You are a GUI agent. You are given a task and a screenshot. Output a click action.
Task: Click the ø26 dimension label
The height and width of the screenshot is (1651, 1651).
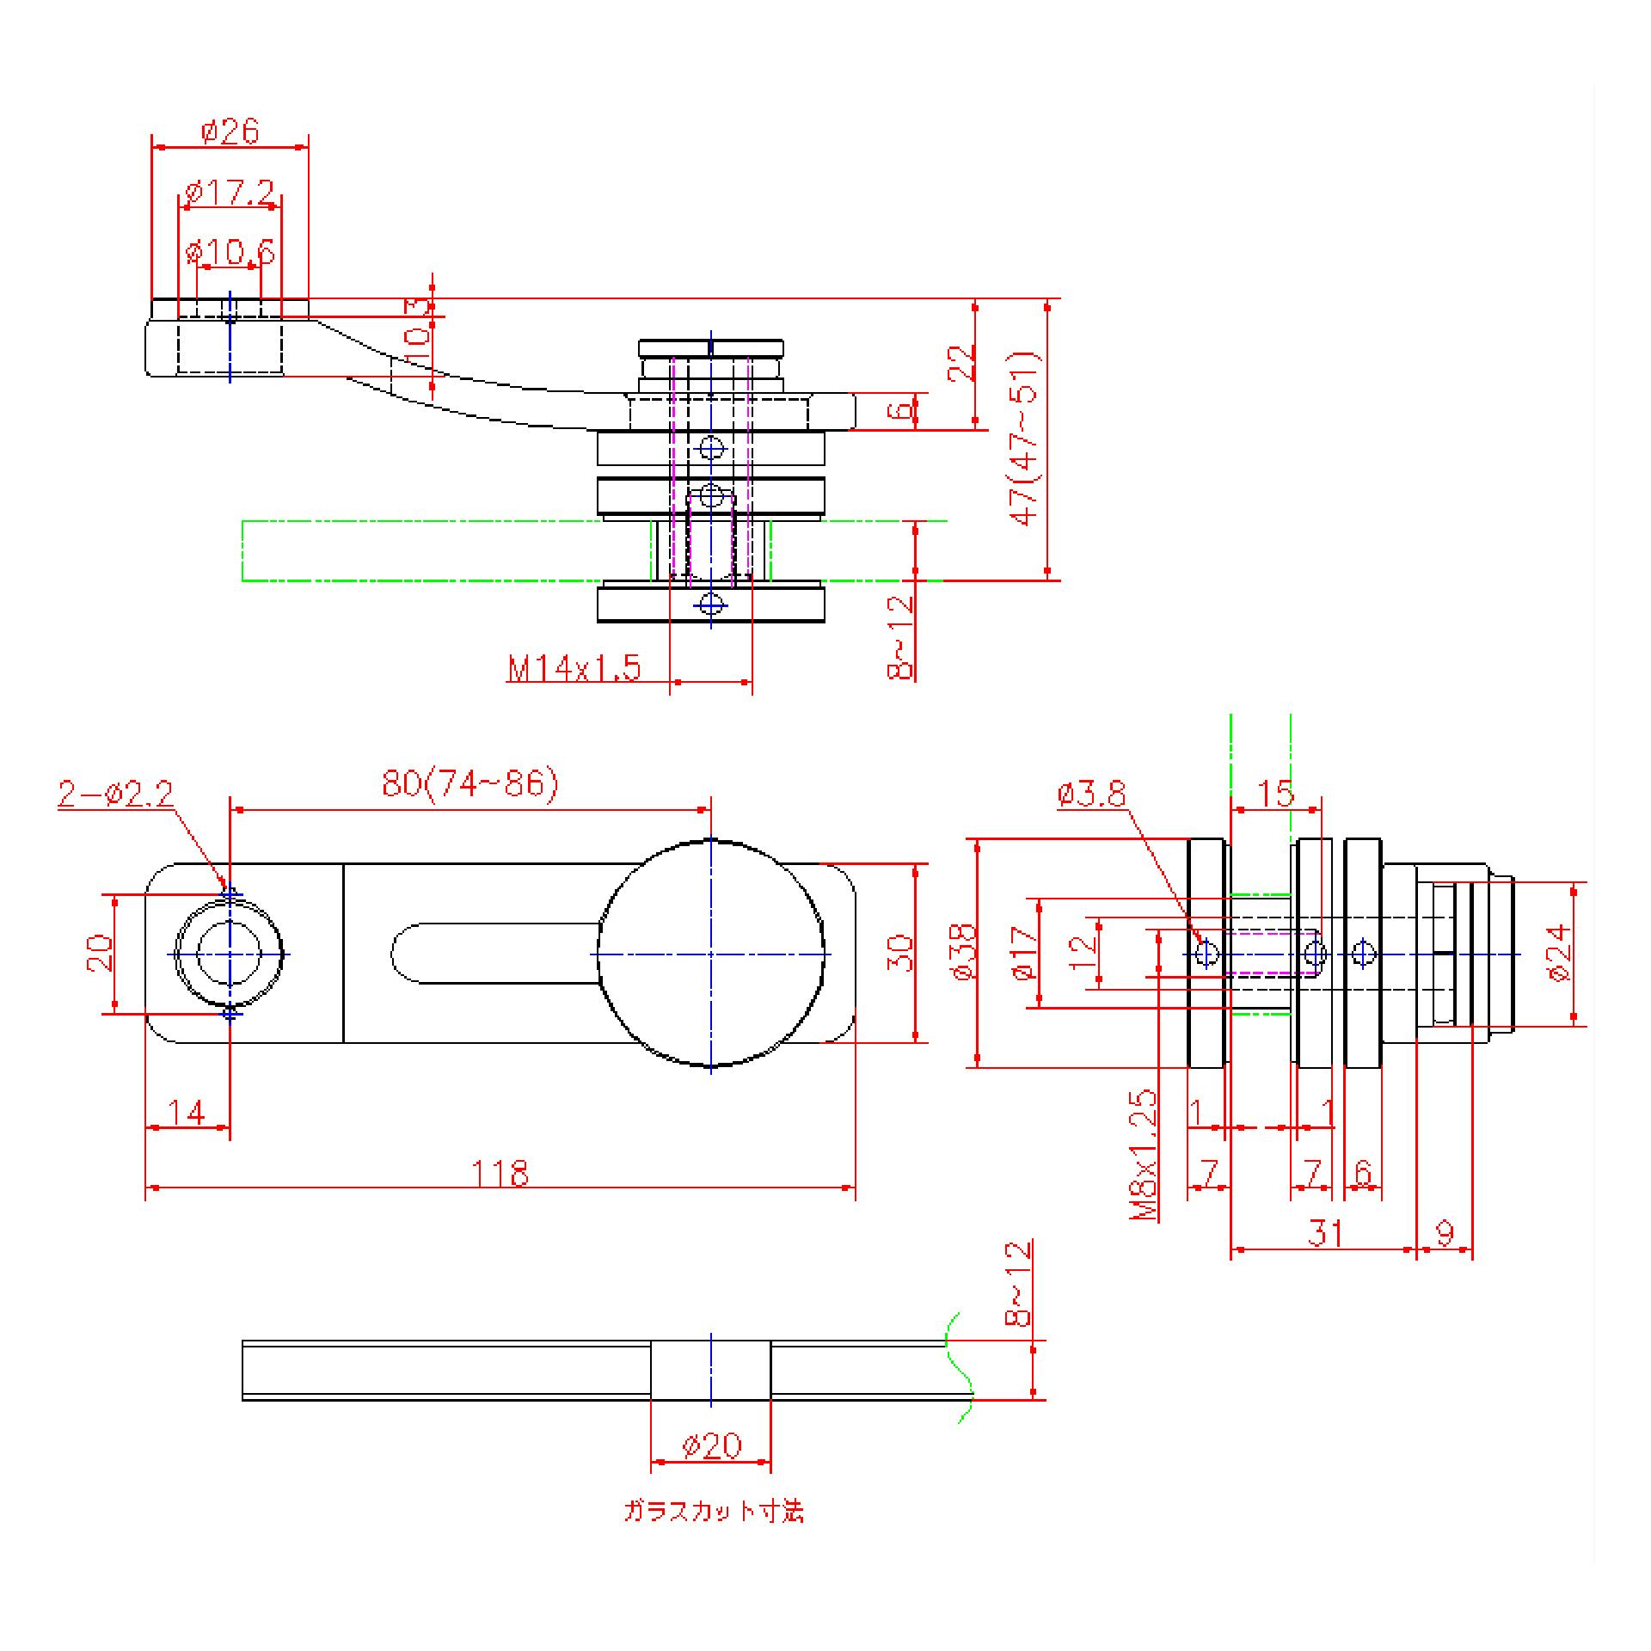coord(230,132)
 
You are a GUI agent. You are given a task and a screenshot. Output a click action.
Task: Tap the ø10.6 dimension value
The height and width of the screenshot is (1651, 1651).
coord(230,253)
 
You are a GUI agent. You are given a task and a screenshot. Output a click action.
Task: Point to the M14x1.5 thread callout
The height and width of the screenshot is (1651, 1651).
coord(574,668)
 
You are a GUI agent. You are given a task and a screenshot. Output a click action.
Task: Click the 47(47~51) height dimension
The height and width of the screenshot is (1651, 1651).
coord(1027,439)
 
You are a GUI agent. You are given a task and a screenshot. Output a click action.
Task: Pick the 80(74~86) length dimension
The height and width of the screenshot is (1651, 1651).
coord(470,784)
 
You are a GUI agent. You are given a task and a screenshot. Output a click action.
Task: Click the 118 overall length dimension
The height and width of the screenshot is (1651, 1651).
coord(500,1173)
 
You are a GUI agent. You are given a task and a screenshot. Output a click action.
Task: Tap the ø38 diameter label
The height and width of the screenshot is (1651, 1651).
coord(965,952)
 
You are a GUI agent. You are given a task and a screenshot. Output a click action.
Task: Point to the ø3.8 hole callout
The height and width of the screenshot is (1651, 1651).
coord(1091,795)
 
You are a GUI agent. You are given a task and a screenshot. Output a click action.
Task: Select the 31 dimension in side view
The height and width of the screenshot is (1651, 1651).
coord(1325,1233)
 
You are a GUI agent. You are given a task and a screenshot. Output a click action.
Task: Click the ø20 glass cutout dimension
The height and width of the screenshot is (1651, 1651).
coord(711,1445)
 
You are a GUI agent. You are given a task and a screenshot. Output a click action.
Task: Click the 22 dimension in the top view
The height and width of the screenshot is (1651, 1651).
coord(961,362)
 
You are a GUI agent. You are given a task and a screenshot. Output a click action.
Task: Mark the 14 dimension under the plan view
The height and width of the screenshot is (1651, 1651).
coord(186,1113)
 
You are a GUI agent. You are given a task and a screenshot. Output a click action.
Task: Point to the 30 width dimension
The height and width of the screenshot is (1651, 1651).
coord(899,953)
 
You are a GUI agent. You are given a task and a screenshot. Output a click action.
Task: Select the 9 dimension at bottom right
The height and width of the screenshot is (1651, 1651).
coord(1445,1233)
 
